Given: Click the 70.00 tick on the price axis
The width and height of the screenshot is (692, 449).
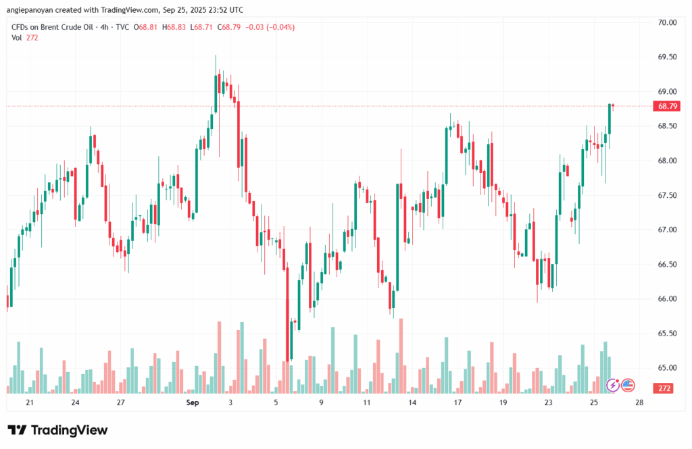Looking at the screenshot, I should [667, 22].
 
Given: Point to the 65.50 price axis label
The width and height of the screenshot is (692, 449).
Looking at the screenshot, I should [667, 334].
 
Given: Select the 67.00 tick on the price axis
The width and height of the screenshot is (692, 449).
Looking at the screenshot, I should [667, 230].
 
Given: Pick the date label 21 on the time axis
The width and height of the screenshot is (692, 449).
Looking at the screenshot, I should [30, 403].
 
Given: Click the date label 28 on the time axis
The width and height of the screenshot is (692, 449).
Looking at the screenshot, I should [639, 403].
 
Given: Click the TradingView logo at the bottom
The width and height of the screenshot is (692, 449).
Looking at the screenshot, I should [58, 430].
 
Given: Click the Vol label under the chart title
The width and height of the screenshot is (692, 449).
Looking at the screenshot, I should [16, 38].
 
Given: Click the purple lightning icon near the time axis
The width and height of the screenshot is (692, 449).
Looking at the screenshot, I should [614, 385].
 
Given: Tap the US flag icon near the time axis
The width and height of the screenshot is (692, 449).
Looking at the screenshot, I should [628, 385].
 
